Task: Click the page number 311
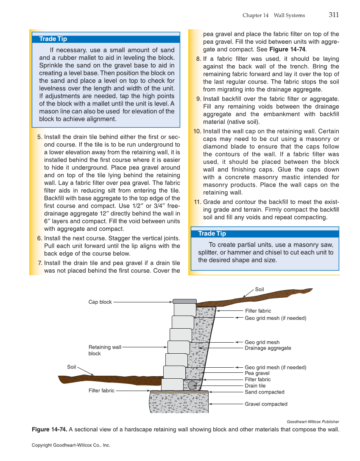334,15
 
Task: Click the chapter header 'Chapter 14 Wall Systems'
273,15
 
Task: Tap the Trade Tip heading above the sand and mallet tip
53,39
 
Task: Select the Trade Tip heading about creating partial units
212,234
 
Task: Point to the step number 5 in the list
40,137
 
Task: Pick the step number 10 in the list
197,131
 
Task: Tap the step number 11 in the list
197,202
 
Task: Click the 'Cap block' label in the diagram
100,302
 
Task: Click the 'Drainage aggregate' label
268,348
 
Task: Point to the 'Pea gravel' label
257,373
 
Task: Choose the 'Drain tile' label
255,386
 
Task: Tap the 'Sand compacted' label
265,392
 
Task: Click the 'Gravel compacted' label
266,404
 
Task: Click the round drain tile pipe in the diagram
192,385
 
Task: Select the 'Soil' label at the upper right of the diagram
260,289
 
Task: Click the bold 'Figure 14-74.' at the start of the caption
49,430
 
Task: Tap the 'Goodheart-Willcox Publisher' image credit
313,422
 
